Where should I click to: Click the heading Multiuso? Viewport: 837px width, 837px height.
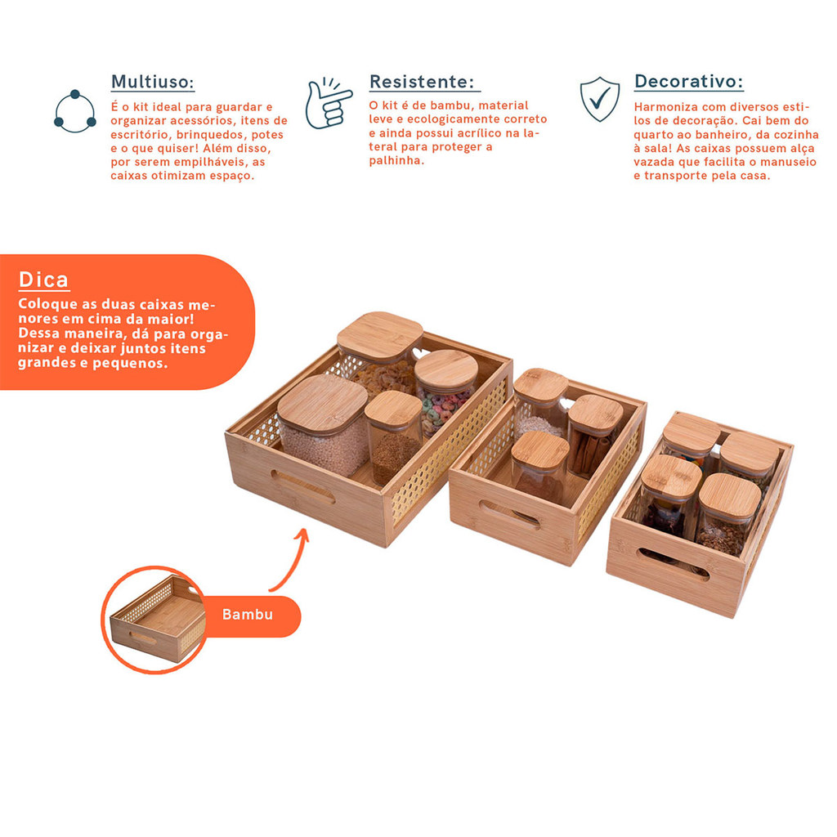tap(152, 82)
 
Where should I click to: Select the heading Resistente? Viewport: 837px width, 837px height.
tap(422, 82)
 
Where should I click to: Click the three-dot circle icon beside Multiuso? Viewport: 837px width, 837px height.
tap(74, 111)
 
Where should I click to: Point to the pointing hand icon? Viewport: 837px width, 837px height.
tap(329, 104)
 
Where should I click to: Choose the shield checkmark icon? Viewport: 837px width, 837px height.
tap(600, 99)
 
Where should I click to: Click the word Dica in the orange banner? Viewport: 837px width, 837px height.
tap(44, 280)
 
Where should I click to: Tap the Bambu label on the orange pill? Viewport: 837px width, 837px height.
tap(247, 615)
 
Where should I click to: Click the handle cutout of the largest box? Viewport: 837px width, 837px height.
tap(303, 486)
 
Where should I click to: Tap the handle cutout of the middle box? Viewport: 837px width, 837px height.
tap(509, 515)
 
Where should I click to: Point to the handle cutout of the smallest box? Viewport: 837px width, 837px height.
tap(673, 564)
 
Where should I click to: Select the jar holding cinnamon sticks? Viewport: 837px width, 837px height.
tap(593, 435)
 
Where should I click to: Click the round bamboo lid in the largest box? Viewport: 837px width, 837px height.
tap(446, 369)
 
